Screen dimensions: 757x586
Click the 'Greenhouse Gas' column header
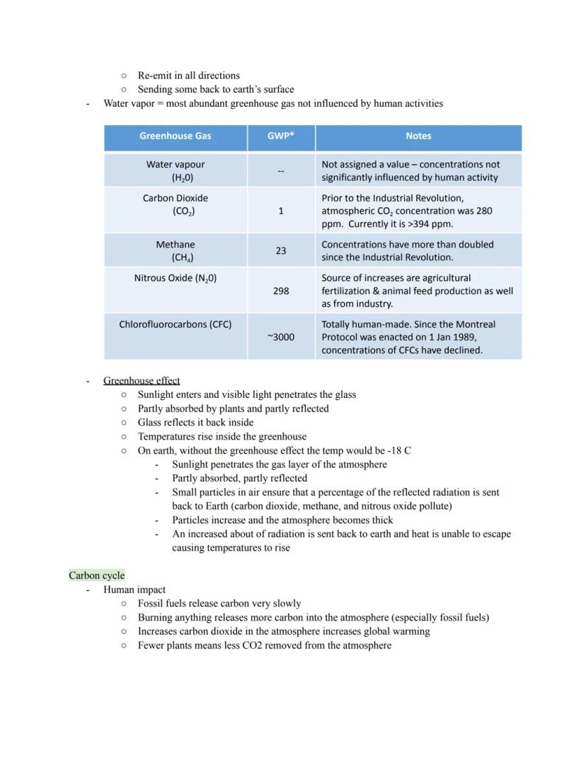click(x=175, y=136)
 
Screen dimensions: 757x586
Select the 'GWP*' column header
click(x=281, y=136)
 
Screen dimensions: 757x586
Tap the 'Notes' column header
click(x=418, y=136)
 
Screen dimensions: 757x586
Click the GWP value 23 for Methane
click(x=281, y=251)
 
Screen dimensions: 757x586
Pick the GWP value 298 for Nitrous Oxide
click(x=281, y=291)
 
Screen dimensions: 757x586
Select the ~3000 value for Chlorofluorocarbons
click(x=281, y=337)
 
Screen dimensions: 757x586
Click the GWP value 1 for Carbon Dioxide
click(x=281, y=211)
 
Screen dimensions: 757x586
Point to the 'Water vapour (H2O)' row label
click(x=175, y=171)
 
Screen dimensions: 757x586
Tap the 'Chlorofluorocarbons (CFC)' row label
click(x=175, y=324)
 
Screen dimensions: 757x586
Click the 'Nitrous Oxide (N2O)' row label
click(x=175, y=278)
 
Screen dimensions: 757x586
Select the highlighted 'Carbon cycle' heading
click(x=96, y=575)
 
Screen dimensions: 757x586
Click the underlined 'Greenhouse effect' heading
click(x=142, y=380)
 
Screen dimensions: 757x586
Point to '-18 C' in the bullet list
click(x=400, y=450)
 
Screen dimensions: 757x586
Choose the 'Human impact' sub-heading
click(x=134, y=589)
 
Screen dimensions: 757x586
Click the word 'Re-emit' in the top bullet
click(x=156, y=76)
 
